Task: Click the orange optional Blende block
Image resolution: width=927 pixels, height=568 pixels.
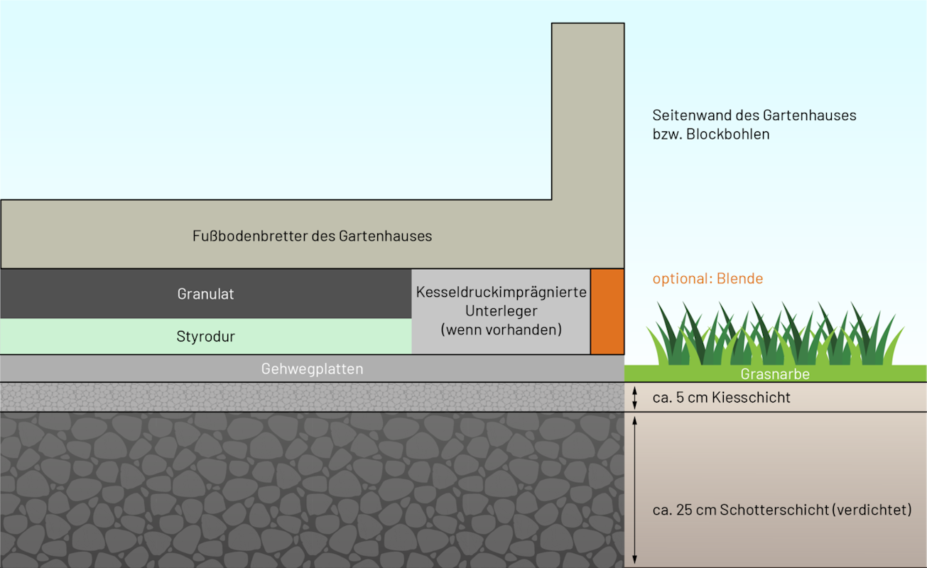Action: (x=607, y=312)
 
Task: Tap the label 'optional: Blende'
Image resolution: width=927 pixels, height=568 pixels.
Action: (x=708, y=278)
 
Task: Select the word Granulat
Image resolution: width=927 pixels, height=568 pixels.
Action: (x=205, y=294)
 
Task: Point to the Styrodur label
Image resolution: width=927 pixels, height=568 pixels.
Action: (x=205, y=337)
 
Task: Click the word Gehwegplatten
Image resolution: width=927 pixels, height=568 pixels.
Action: (x=312, y=368)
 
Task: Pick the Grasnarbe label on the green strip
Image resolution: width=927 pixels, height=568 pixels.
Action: (x=775, y=374)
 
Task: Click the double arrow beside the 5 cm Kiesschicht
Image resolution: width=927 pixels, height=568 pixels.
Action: (x=635, y=397)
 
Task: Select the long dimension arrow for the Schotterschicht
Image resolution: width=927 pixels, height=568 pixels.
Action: (x=635, y=490)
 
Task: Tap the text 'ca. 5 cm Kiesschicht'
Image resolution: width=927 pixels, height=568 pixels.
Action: (x=721, y=397)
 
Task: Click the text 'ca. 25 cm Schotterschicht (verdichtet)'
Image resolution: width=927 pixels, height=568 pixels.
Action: (x=782, y=510)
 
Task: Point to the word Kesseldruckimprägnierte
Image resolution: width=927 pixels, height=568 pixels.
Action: (x=502, y=292)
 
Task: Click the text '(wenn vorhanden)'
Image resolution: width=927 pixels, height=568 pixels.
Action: (x=502, y=329)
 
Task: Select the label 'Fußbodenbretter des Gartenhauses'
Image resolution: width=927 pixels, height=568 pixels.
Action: (x=312, y=236)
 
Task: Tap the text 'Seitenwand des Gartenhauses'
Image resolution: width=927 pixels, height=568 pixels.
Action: (x=754, y=115)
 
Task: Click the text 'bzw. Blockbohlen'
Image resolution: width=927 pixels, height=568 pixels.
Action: (x=711, y=134)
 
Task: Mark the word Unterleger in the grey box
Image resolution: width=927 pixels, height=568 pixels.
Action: (x=502, y=311)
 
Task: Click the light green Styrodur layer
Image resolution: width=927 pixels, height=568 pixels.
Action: (x=206, y=336)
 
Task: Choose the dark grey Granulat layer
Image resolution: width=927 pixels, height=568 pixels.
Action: (x=206, y=293)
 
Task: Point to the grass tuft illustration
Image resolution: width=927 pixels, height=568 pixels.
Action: (x=775, y=334)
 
